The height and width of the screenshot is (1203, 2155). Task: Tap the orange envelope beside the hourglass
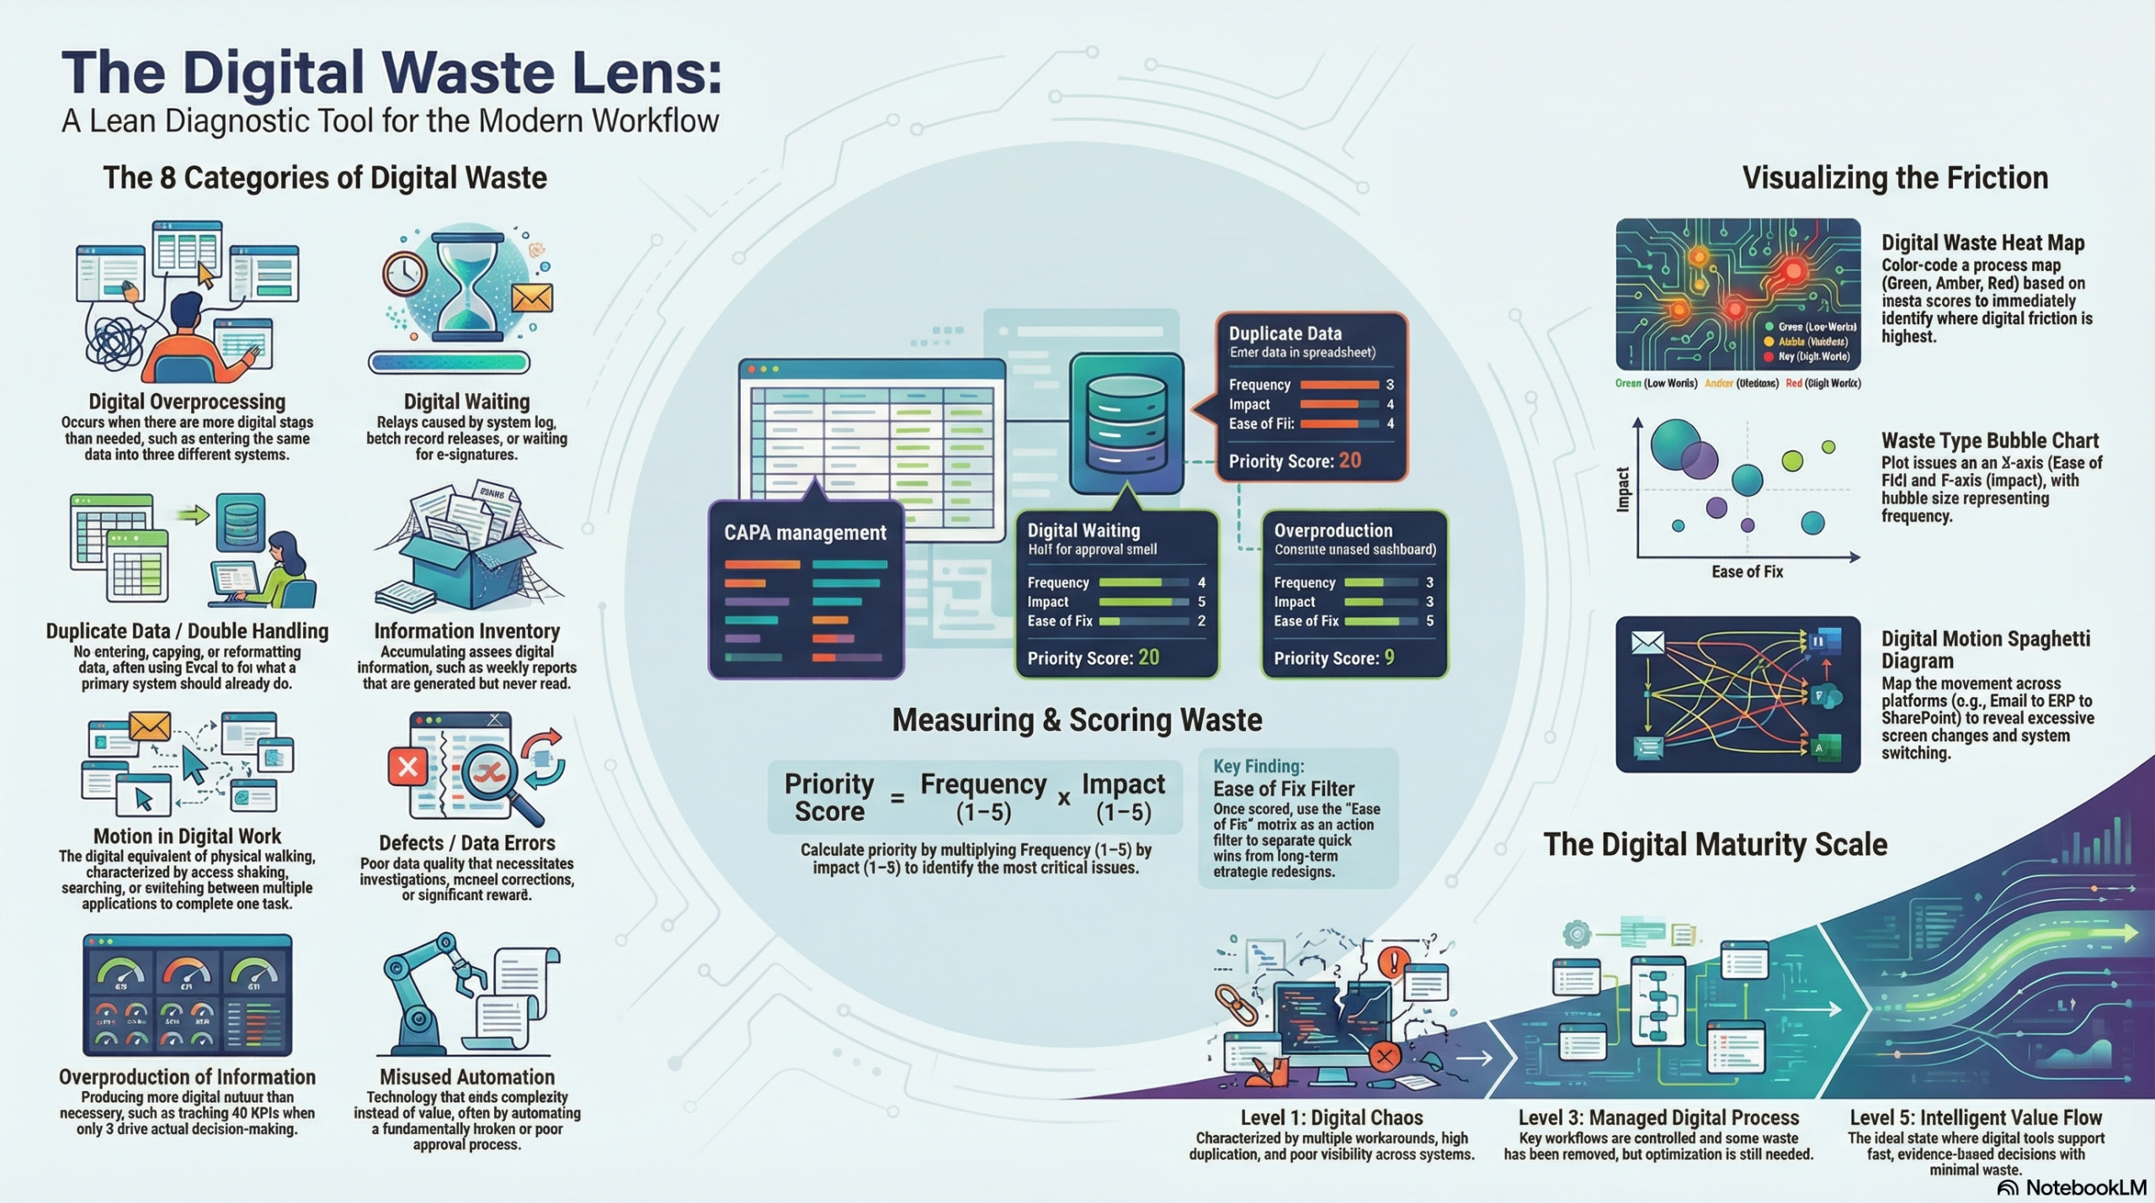tap(532, 298)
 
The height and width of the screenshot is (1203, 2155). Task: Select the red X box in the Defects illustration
tap(408, 767)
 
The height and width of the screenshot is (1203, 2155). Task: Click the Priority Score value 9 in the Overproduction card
tap(1389, 657)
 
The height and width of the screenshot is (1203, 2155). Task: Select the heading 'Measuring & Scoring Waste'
tap(1077, 721)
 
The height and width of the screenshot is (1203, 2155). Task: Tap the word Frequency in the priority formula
tap(983, 785)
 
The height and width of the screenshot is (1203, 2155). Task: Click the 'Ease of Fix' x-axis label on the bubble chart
tap(1747, 572)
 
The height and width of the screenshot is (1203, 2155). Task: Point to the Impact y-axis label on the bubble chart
tap(1623, 489)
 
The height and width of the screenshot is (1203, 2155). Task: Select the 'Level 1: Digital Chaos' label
tap(1331, 1118)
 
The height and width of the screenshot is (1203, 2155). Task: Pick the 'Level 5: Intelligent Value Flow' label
tap(1975, 1118)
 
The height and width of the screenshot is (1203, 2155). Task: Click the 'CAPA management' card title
tap(805, 533)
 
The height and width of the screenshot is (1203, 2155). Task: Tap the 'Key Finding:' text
tap(1258, 766)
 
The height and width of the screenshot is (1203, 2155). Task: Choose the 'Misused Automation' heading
tap(466, 1077)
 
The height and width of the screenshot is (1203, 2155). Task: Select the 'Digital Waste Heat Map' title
tap(1982, 243)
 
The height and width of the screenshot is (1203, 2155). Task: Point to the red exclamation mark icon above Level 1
tap(1394, 961)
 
